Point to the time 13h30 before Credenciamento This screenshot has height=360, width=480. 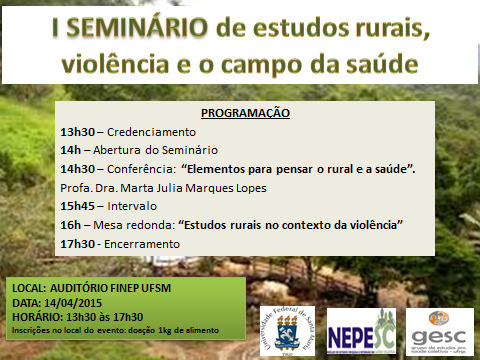tap(76, 131)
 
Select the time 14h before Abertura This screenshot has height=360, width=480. tap(69, 149)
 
